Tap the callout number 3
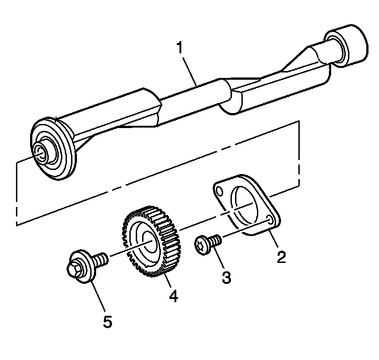coord(226,277)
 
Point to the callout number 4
coord(173,296)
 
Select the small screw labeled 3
coord(207,243)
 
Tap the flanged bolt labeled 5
coord(84,267)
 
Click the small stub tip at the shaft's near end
coord(41,153)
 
